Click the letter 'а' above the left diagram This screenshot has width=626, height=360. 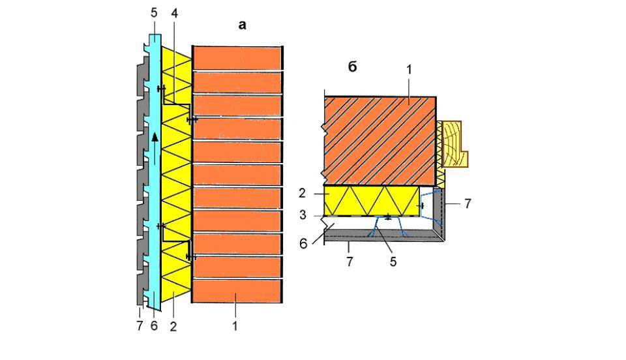click(243, 25)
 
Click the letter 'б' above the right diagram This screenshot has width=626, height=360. click(352, 67)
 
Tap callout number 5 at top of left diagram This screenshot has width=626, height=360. click(154, 12)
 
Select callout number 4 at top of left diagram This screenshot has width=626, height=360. click(175, 12)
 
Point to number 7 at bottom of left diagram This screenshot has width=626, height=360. click(139, 326)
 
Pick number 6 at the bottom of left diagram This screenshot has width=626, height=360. click(154, 326)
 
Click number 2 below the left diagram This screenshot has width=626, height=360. click(173, 326)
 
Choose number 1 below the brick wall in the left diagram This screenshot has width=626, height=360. click(234, 326)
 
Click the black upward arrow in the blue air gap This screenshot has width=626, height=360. click(155, 136)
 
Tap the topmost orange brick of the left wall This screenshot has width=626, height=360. click(237, 57)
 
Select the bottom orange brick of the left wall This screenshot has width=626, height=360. click(237, 291)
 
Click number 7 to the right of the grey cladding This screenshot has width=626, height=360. click(468, 203)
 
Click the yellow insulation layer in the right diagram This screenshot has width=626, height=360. click(372, 200)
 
